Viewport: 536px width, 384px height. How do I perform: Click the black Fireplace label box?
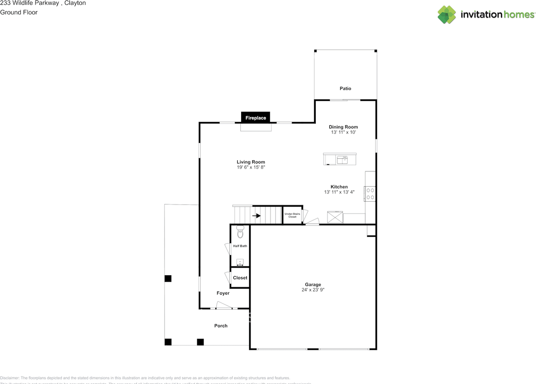255,118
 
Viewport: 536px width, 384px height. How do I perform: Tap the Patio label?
345,88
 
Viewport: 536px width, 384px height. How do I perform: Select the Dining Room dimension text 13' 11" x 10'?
343,132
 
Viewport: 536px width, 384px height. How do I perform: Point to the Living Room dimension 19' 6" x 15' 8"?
251,167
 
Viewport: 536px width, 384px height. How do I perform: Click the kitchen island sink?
343,159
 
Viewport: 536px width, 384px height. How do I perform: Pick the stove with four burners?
370,193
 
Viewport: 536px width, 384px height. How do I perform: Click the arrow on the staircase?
256,216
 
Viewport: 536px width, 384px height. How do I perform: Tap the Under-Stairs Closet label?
292,215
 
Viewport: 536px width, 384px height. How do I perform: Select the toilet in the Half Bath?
240,232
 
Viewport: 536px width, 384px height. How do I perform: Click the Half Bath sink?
240,262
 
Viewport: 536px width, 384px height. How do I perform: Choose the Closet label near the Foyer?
240,278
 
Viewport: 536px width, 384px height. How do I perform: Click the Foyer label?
223,293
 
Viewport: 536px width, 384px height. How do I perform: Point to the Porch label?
221,326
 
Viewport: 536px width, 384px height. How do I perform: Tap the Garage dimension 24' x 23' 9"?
313,289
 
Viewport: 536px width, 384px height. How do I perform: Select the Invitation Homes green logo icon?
447,15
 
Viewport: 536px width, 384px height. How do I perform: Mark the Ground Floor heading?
19,13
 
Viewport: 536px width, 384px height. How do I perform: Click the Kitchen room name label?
339,187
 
